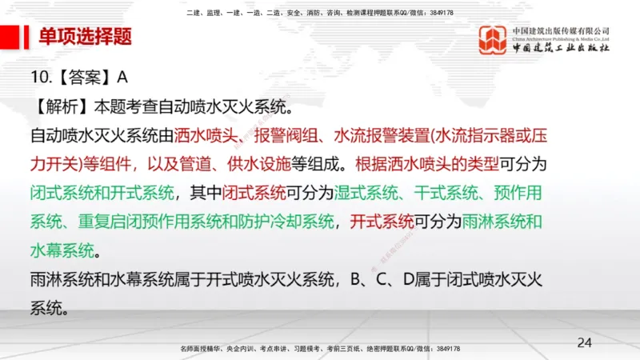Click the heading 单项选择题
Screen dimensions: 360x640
[86, 38]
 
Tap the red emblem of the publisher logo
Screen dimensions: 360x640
[492, 39]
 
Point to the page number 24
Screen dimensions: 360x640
[585, 342]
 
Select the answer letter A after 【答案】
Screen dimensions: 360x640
[122, 78]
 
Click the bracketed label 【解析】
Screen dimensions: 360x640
[62, 106]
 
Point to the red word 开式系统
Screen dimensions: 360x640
[382, 222]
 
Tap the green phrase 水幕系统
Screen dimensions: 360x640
[62, 250]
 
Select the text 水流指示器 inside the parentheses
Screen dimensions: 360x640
[474, 135]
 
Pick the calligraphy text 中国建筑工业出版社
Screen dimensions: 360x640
[560, 48]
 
